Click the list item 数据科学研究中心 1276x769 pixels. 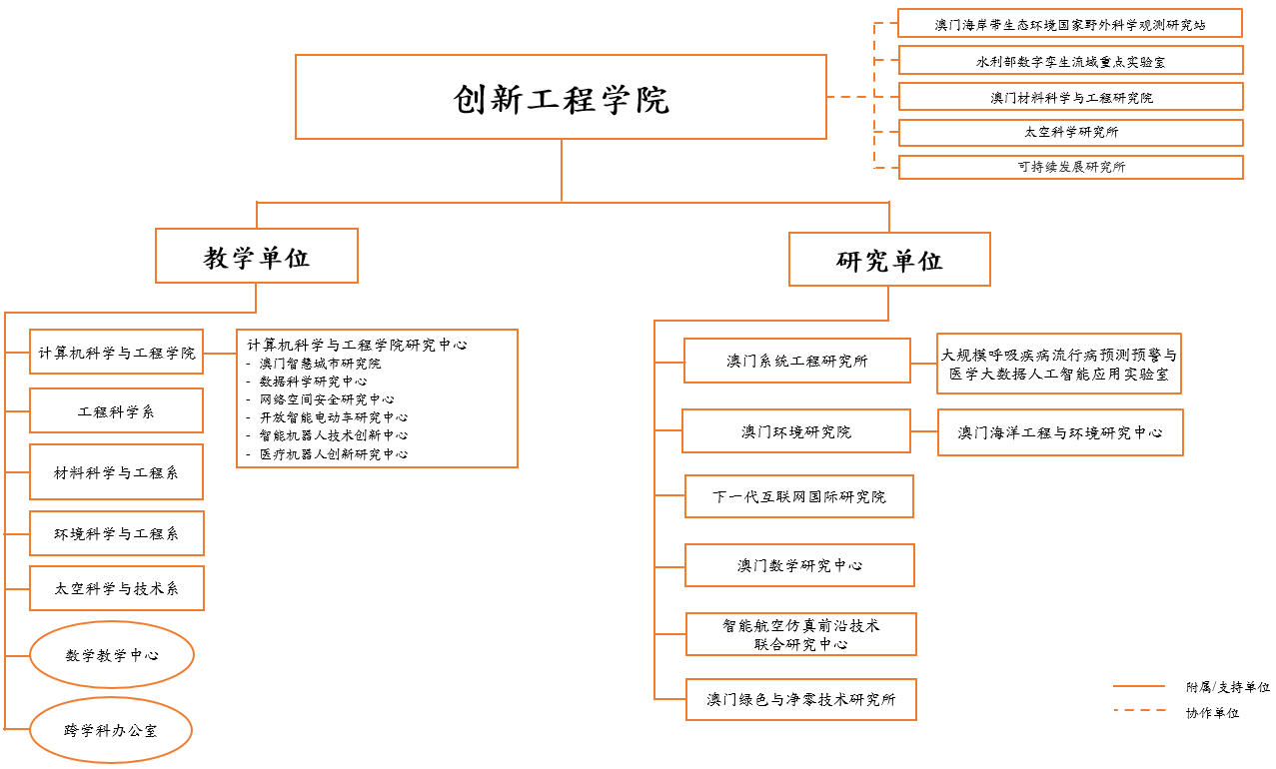click(313, 382)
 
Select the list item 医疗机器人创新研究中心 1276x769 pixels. click(334, 454)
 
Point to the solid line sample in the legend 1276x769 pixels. click(1139, 686)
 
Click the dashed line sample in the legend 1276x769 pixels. click(1140, 710)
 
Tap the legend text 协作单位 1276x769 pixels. click(1212, 713)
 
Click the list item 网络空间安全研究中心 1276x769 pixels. click(327, 399)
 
